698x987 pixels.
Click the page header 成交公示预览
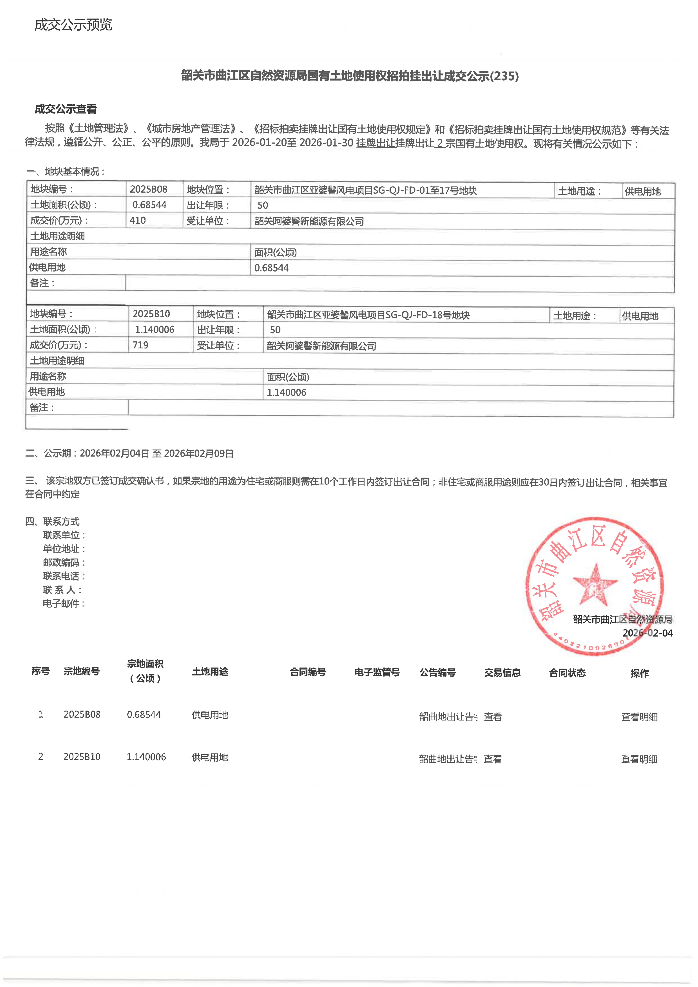click(73, 25)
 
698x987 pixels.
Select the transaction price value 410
click(138, 220)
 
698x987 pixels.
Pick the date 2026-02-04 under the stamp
click(647, 633)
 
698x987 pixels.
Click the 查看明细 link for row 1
click(639, 717)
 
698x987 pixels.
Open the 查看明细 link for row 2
click(639, 759)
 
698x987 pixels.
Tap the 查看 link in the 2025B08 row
click(493, 717)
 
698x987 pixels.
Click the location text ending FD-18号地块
click(368, 315)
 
